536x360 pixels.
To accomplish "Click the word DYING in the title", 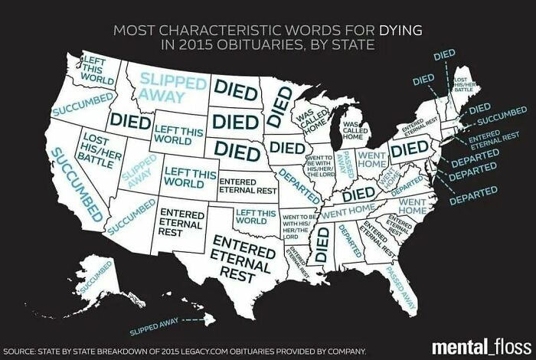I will pos(399,31).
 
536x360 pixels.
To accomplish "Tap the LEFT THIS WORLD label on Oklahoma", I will pos(256,215).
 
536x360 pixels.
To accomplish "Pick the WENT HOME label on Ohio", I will pos(371,160).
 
